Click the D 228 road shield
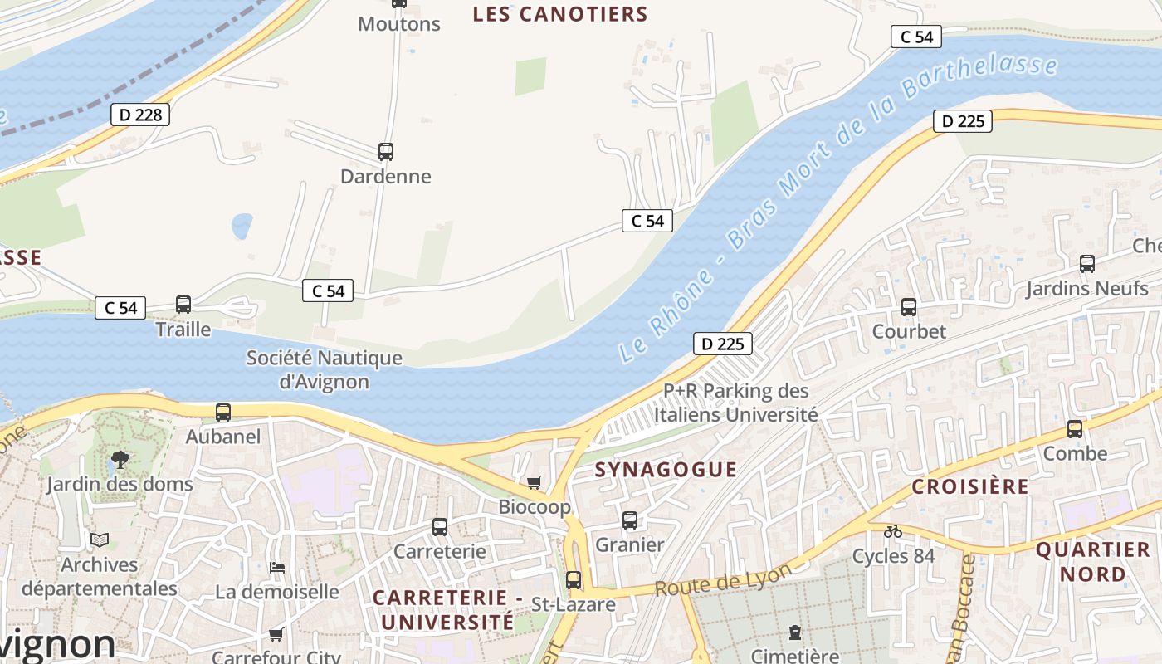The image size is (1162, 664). click(140, 115)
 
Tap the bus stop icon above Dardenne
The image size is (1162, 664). click(386, 152)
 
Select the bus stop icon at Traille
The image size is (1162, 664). click(183, 305)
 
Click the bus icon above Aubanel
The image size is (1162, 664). click(223, 413)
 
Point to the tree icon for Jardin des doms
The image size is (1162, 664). click(120, 459)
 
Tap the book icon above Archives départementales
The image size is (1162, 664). click(100, 540)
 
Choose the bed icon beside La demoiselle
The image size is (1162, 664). click(277, 568)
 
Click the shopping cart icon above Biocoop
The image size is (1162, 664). click(535, 482)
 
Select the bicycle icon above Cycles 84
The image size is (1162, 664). click(893, 531)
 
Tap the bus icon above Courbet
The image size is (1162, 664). click(909, 307)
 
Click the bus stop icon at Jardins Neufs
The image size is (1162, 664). click(1087, 264)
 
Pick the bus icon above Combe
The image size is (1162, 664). click(1075, 429)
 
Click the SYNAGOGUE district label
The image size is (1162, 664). click(666, 470)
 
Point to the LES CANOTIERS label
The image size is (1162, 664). click(559, 14)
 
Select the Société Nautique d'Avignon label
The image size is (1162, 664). click(324, 370)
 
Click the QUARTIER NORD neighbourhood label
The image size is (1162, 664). click(1093, 561)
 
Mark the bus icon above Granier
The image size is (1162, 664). click(630, 520)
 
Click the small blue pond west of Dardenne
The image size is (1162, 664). click(242, 226)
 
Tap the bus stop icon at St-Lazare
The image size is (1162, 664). click(574, 580)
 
